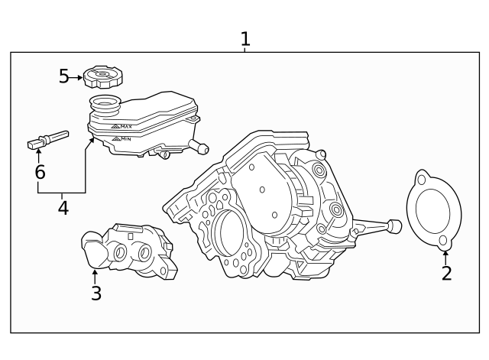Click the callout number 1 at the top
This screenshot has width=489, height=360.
245,38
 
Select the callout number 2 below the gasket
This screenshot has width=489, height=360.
446,273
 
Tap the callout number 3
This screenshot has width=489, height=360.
96,293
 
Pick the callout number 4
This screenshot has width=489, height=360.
63,207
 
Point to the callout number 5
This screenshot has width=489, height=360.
65,76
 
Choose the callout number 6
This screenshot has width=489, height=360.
40,172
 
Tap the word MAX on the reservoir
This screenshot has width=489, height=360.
125,126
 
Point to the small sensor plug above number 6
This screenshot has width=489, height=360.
47,140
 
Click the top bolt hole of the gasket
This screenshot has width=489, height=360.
421,180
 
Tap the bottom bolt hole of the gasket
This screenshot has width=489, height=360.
442,242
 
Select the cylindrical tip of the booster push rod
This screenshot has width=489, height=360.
394,225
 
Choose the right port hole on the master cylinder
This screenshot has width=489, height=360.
145,252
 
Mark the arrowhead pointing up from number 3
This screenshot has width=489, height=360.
95,272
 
